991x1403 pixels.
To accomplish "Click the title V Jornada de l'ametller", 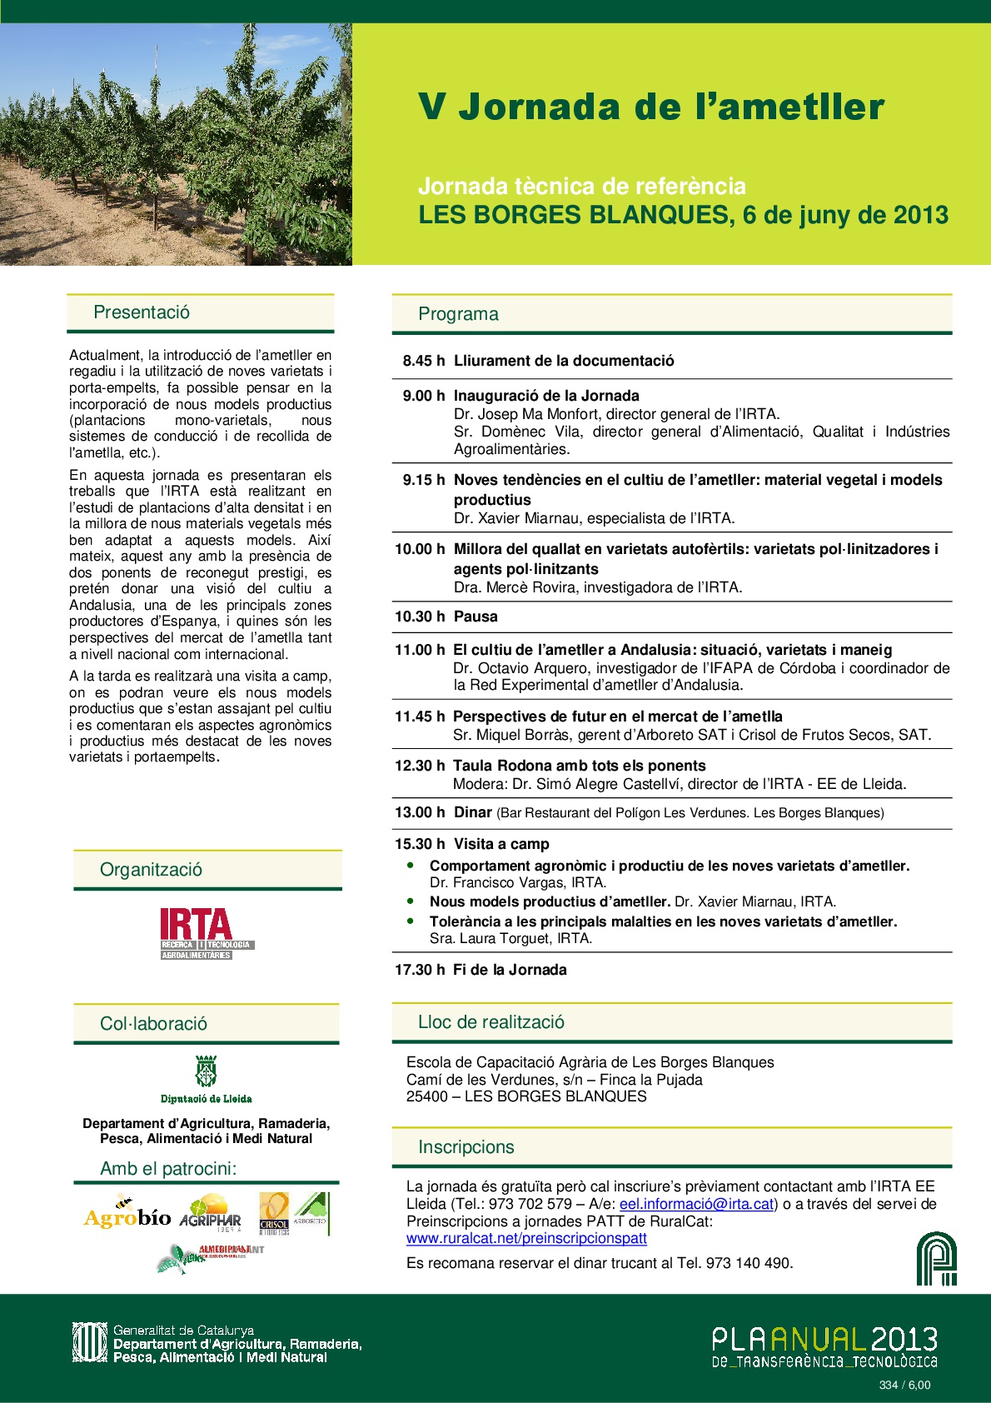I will coord(650,107).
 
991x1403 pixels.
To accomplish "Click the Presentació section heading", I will coord(142,312).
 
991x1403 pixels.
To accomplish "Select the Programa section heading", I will coord(458,314).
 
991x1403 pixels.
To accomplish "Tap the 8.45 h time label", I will coord(423,361).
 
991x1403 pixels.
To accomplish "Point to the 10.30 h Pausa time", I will coord(420,617).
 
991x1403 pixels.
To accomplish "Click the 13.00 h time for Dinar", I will coord(420,812).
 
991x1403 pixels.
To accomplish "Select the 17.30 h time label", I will coord(420,970).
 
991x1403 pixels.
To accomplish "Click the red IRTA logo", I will coord(197,932).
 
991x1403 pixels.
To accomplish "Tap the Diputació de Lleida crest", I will coord(206,1071).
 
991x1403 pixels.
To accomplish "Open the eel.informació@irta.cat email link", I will coord(696,1204).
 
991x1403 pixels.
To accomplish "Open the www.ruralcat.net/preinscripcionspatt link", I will coord(526,1238).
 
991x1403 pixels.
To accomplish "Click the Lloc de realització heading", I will coord(491,1022).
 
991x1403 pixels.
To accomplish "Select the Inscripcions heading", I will coord(466,1147).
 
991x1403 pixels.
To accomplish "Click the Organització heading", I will coord(151,870).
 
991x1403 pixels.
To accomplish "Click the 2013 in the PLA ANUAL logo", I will coord(904,1340).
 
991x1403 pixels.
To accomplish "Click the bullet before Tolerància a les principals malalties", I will coord(411,921).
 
